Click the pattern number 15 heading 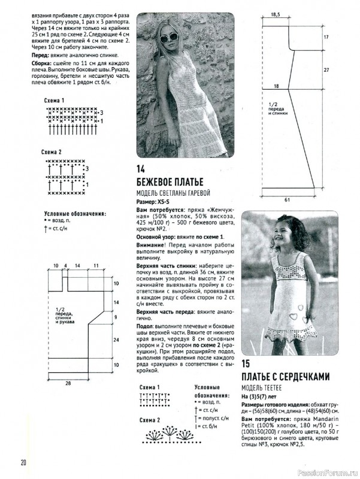246,363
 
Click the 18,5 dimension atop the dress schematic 276,13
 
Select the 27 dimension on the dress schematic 326,69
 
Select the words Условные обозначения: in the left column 75,213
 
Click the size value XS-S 166,203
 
